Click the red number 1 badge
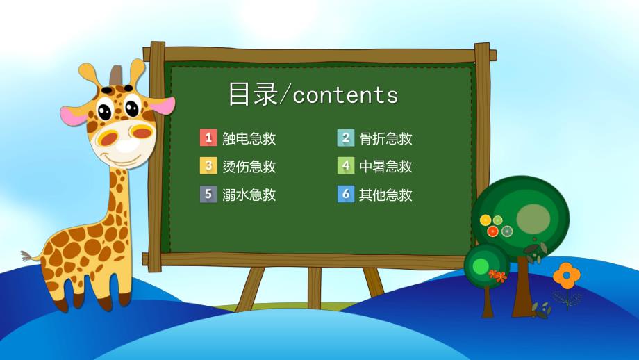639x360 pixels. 208,138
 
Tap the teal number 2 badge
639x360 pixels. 346,138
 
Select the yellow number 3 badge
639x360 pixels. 208,166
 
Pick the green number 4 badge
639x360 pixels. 346,166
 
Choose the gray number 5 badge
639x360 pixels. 208,195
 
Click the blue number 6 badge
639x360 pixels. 346,195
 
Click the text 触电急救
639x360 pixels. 249,138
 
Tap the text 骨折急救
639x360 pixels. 385,138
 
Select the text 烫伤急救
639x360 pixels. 249,167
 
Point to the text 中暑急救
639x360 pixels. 385,167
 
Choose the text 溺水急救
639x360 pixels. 249,195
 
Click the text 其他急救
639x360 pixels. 385,195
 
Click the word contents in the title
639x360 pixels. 345,95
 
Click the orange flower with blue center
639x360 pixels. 567,276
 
